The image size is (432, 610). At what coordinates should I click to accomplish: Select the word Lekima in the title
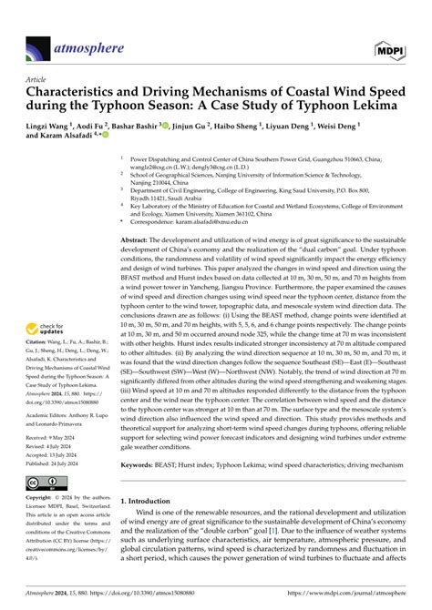(x=387, y=107)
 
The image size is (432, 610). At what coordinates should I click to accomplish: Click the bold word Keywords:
(x=139, y=489)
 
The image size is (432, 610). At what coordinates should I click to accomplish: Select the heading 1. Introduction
(x=152, y=526)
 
